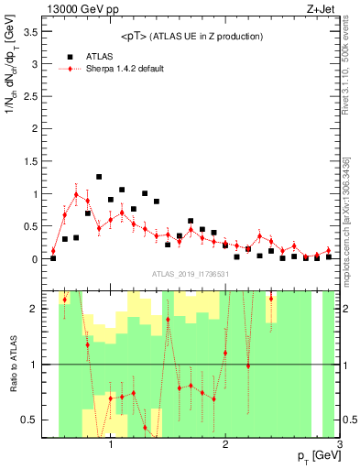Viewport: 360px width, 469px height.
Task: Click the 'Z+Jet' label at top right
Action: (x=325, y=8)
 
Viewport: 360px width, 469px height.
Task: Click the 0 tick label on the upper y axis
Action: (x=38, y=259)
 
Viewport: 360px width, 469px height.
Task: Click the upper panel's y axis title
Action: (x=12, y=92)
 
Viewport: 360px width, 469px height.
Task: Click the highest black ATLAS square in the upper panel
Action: (x=99, y=177)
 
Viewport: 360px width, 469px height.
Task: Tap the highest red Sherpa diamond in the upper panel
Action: (x=76, y=194)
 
